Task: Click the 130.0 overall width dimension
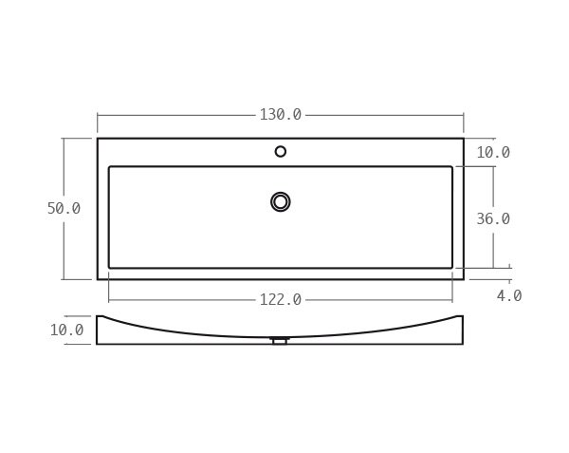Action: click(281, 115)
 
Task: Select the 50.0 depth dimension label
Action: click(64, 209)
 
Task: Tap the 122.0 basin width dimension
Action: click(281, 300)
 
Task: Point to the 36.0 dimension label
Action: click(492, 219)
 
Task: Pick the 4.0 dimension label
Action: click(509, 296)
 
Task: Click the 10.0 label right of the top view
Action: click(492, 153)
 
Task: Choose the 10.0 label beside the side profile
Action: click(66, 330)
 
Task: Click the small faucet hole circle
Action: click(281, 151)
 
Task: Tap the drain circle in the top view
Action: click(281, 201)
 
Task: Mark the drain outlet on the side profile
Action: click(280, 340)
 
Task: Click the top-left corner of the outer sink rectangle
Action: click(98, 139)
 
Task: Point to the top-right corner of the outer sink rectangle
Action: click(464, 139)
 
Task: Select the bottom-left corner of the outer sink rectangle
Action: click(98, 279)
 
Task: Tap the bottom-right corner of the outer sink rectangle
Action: click(464, 279)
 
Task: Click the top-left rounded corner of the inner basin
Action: click(110, 168)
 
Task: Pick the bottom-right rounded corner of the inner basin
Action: click(451, 267)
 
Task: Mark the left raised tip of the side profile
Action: click(99, 316)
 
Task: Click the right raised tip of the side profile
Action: click(461, 316)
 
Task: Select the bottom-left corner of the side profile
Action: click(97, 344)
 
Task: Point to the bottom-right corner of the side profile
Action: click(463, 344)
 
